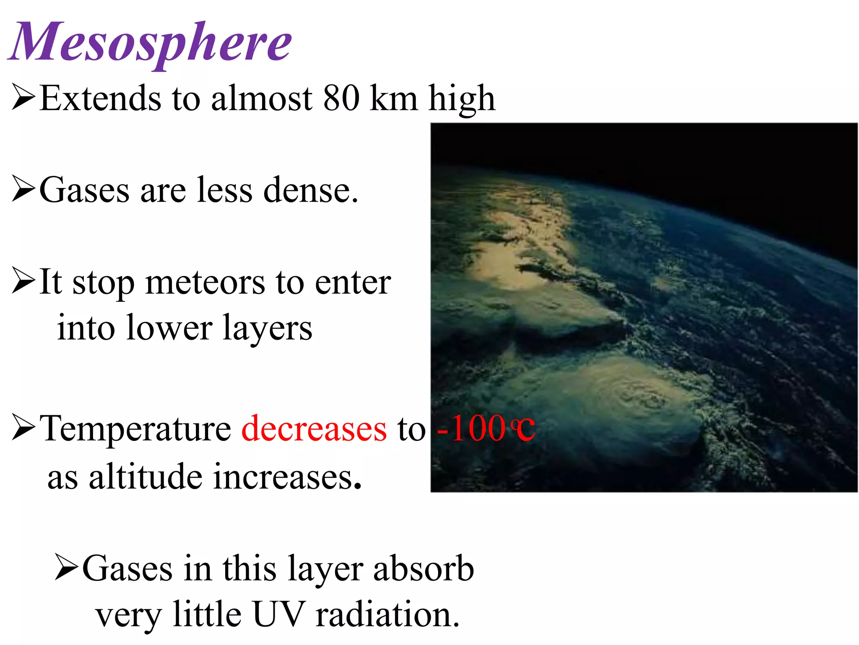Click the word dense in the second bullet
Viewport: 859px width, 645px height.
310,190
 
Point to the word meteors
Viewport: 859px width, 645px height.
205,282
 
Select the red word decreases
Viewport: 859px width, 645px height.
314,428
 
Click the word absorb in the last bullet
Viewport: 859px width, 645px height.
424,569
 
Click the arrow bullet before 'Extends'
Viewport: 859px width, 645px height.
23,97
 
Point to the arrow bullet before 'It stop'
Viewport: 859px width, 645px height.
23,280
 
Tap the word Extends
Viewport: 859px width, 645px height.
100,98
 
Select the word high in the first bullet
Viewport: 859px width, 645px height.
461,99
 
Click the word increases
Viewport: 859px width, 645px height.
287,477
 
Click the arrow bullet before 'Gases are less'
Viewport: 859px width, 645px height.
23,189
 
